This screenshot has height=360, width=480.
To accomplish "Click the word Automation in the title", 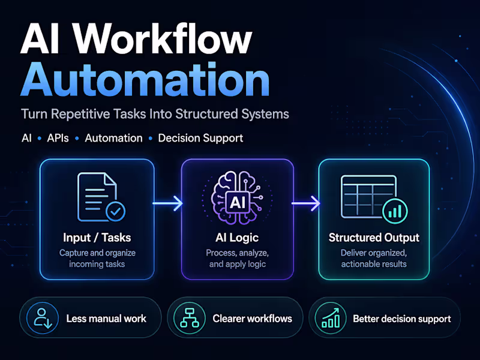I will (x=144, y=80).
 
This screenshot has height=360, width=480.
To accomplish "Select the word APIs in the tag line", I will (x=58, y=138).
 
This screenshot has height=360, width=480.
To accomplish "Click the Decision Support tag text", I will (x=200, y=138).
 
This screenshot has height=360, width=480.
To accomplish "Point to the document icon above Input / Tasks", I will (x=96, y=196).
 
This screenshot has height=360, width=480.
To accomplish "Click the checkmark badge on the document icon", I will (x=115, y=212).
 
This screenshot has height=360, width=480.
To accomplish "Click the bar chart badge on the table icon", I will (x=394, y=211).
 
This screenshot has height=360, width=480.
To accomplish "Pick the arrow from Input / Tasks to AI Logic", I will (x=167, y=204).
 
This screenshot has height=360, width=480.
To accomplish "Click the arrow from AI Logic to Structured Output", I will (x=306, y=204).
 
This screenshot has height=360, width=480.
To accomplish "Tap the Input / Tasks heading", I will (x=97, y=238).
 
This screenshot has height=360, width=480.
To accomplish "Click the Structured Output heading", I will (x=373, y=238).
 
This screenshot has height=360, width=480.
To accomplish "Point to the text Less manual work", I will (x=106, y=319).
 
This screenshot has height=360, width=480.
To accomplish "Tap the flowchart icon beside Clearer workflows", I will (x=189, y=318).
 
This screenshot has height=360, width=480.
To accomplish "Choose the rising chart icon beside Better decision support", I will (x=330, y=318).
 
